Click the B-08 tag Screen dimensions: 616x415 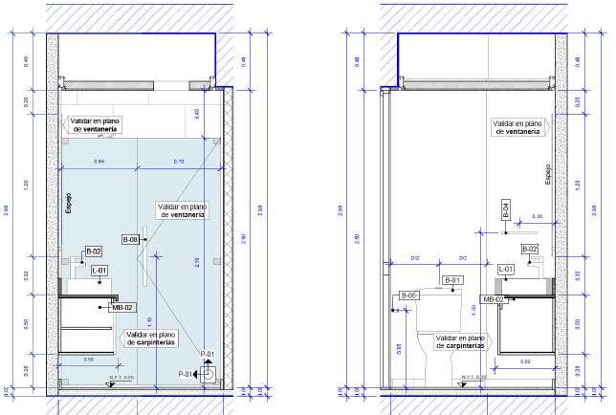[131, 238]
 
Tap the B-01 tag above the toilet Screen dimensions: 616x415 [452, 280]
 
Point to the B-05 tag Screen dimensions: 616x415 [408, 295]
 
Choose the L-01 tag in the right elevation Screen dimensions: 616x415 [506, 270]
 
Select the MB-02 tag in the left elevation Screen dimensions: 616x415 [123, 307]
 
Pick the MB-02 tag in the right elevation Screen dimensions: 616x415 [494, 299]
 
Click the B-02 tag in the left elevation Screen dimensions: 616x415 [94, 251]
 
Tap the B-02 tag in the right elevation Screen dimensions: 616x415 [530, 250]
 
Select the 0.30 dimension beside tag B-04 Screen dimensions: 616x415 [537, 218]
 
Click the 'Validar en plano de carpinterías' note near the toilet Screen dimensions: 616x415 [464, 341]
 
